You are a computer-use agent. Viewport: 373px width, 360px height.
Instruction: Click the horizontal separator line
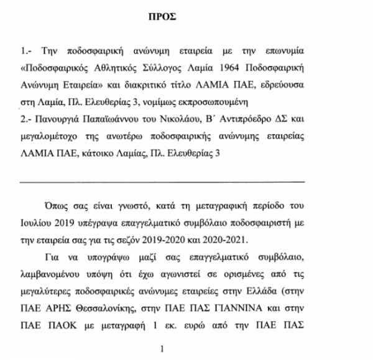[x=163, y=182]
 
